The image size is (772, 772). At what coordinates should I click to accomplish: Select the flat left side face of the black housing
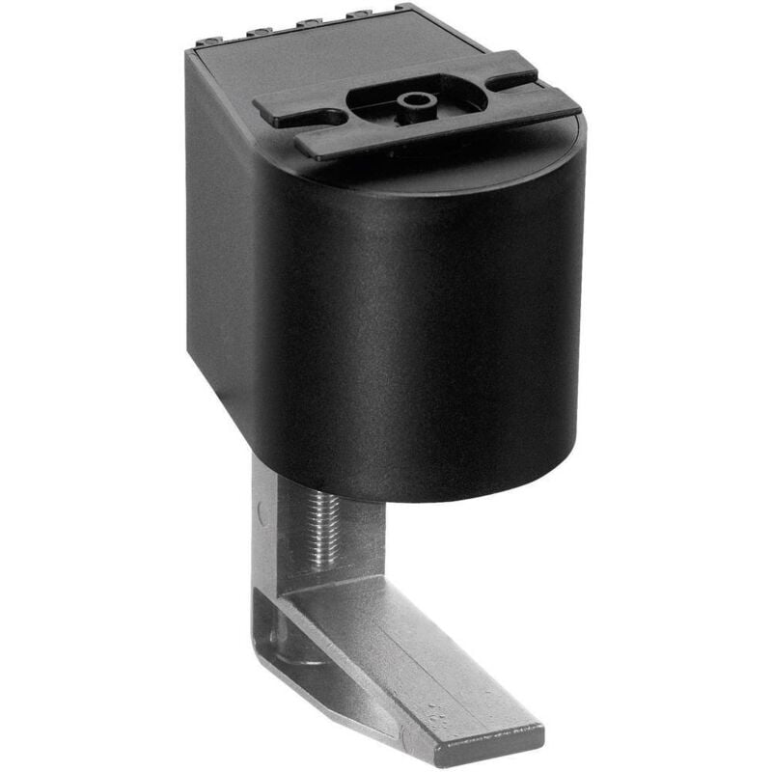pos(220,241)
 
